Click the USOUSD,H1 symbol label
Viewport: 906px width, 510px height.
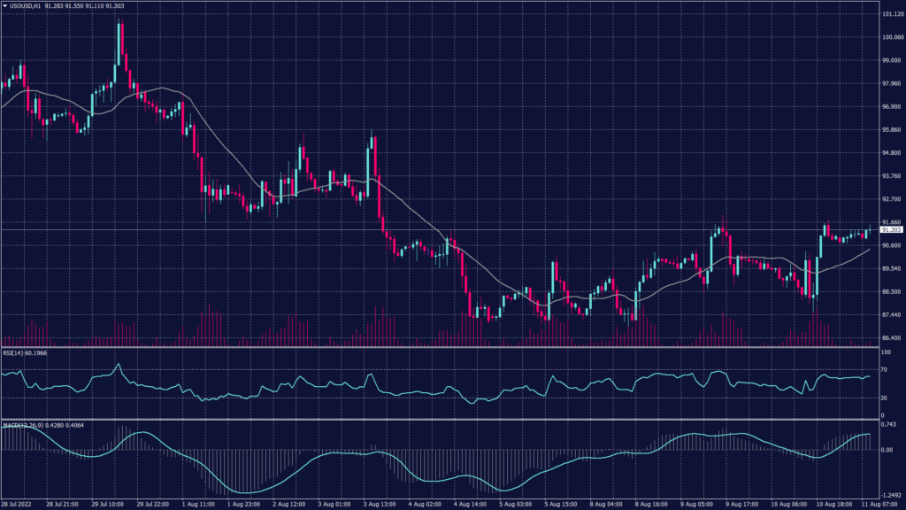(x=32, y=6)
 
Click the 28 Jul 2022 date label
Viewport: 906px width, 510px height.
(x=19, y=505)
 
